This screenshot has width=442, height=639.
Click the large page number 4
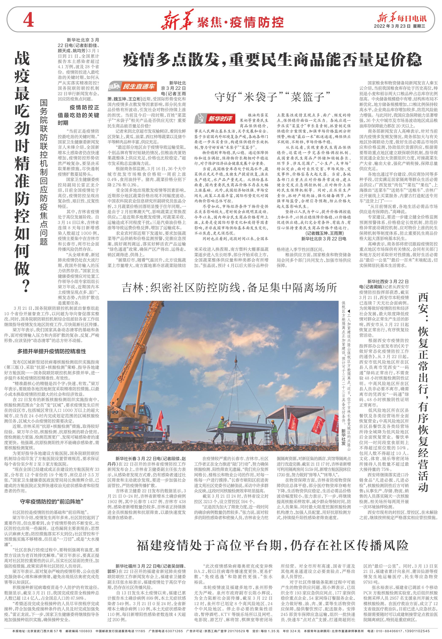(28, 21)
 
